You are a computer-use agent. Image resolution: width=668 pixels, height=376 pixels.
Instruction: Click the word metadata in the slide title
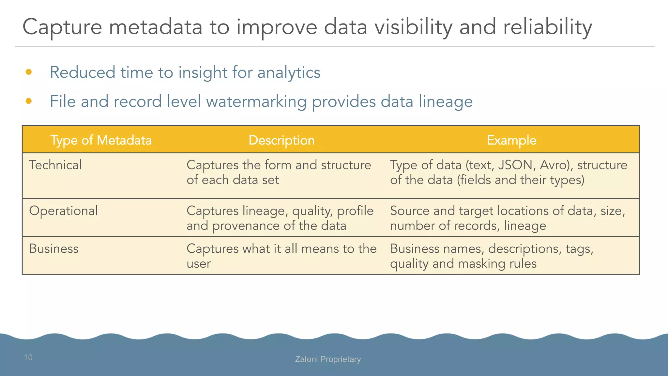pyautogui.click(x=156, y=27)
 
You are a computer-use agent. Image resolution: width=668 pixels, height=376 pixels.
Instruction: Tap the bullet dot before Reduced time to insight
pyautogui.click(x=29, y=72)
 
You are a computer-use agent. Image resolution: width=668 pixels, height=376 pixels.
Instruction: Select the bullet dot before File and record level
pyautogui.click(x=29, y=101)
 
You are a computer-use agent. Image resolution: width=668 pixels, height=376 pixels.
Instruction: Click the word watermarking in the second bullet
pyautogui.click(x=256, y=102)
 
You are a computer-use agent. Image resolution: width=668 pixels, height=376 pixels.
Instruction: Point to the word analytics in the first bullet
pyautogui.click(x=289, y=72)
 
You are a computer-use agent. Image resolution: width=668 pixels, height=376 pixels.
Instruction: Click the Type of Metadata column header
pyautogui.click(x=101, y=140)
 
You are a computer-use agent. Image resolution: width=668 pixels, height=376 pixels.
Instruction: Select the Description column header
pyautogui.click(x=281, y=140)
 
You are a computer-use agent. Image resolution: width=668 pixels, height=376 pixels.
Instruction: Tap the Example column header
pyautogui.click(x=511, y=140)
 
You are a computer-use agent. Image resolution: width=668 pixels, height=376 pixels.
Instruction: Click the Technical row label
pyautogui.click(x=55, y=165)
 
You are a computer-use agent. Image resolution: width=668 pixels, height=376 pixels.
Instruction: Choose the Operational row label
pyautogui.click(x=64, y=211)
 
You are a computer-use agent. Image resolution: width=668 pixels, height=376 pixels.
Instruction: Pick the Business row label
pyautogui.click(x=54, y=249)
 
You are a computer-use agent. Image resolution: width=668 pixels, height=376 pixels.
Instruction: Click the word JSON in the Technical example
pyautogui.click(x=515, y=165)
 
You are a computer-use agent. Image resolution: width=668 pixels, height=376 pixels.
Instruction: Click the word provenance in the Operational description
pyautogui.click(x=246, y=226)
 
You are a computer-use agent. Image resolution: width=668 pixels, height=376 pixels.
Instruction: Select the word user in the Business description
pyautogui.click(x=199, y=264)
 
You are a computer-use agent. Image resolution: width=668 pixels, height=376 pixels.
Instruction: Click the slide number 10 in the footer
pyautogui.click(x=28, y=357)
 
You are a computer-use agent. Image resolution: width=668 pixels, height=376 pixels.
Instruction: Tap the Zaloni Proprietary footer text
pyautogui.click(x=328, y=359)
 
